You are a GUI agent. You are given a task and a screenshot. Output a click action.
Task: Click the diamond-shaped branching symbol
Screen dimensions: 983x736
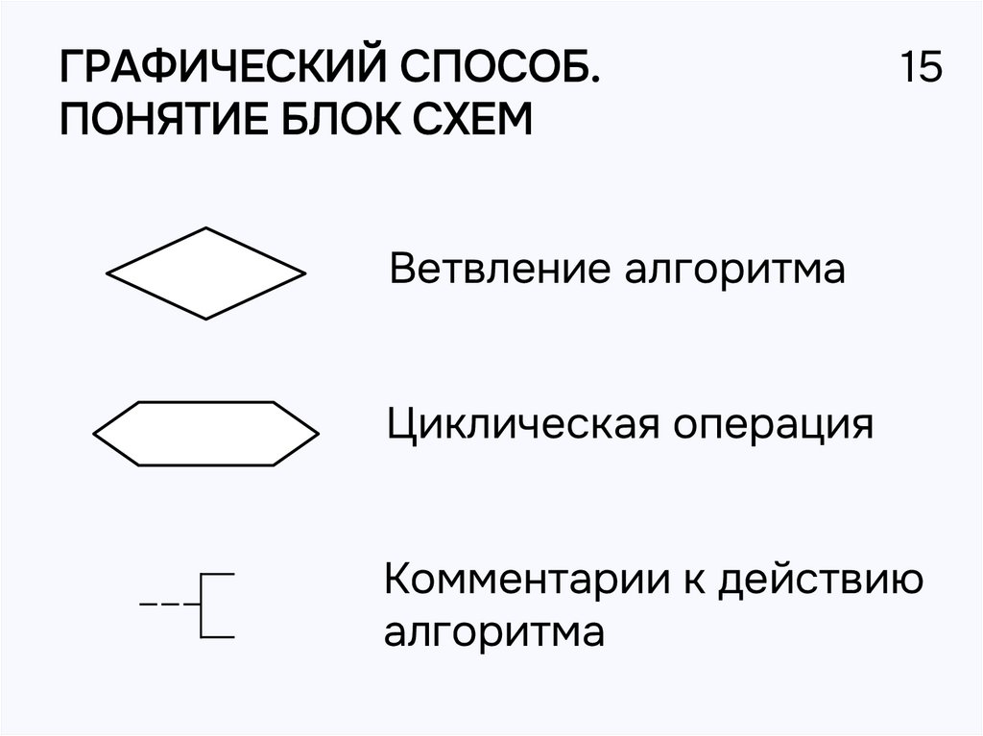click(205, 273)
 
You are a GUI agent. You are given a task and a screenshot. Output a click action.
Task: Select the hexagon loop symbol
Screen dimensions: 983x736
click(205, 434)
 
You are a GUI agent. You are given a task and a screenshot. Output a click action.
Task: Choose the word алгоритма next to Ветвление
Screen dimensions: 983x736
click(736, 270)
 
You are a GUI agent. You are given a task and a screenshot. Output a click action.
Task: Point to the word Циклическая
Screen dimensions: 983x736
click(523, 425)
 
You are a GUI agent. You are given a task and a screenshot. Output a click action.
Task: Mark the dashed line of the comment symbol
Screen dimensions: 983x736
click(166, 605)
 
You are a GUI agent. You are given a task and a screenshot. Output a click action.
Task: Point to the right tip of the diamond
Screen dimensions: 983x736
click(303, 273)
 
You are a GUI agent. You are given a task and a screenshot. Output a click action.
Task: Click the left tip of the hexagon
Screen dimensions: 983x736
click(95, 434)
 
